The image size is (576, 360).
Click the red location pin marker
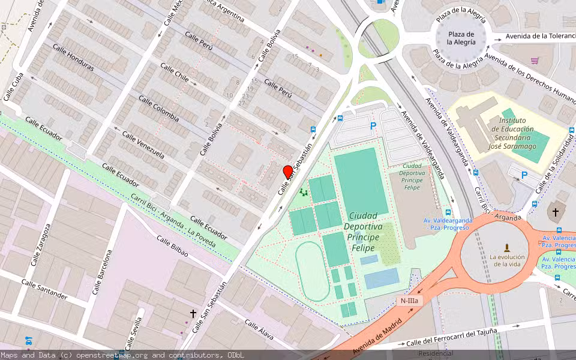coord(288,172)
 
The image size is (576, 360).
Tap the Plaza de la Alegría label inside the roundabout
coord(461,38)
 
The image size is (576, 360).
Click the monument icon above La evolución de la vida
coord(507,247)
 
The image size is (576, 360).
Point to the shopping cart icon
coord(534,61)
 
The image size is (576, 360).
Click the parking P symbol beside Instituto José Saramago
coord(524,175)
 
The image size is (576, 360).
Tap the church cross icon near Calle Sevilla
coord(193,314)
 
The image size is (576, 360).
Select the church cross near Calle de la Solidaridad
coord(556,212)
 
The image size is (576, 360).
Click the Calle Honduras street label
coord(73,58)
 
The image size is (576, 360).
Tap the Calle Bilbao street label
coord(172,247)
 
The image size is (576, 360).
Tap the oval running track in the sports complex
coord(312,272)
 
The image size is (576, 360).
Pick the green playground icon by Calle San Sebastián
coord(304,193)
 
